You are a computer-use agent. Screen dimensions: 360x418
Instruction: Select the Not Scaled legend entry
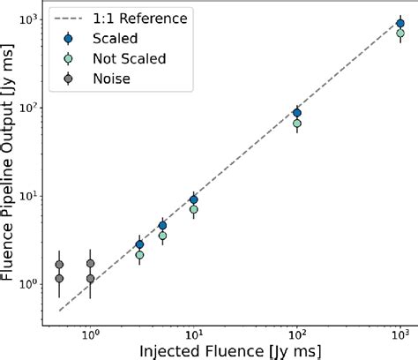coord(119,57)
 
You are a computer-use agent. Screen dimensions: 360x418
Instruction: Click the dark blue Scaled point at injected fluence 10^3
coord(401,24)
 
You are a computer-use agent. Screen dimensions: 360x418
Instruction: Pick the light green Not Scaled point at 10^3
coord(401,34)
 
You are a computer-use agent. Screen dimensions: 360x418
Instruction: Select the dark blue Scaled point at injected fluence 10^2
coord(297,113)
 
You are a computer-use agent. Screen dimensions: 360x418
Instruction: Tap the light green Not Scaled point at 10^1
coord(194,210)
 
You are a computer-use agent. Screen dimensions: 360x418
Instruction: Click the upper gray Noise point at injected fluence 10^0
coord(91,264)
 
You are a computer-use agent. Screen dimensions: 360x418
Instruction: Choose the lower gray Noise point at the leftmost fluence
coord(59,279)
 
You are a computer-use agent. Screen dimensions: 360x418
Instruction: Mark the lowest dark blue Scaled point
coord(139,244)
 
